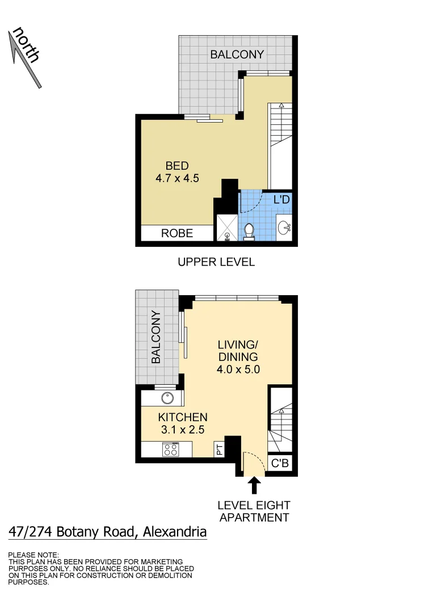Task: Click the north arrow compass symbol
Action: click(26, 57)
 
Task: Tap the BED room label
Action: click(177, 166)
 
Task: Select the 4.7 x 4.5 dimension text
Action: click(177, 178)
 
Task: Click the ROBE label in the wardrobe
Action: click(177, 233)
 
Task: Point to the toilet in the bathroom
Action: click(249, 232)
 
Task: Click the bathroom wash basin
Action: click(285, 228)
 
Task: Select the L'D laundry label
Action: click(282, 200)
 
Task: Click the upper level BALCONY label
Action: click(237, 54)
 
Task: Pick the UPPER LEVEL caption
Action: click(216, 262)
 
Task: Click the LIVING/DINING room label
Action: click(238, 351)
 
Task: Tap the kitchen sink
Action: click(167, 398)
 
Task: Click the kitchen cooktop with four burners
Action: click(170, 450)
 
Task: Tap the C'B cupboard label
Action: click(280, 464)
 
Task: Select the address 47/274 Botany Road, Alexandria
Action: click(107, 532)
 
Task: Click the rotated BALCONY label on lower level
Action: click(156, 337)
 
